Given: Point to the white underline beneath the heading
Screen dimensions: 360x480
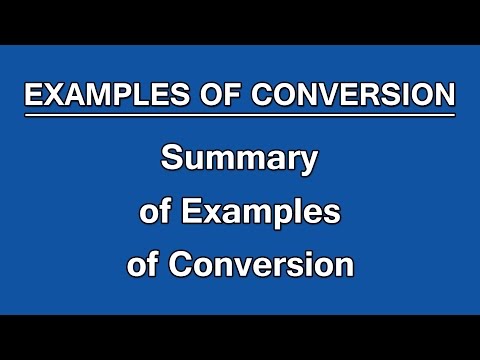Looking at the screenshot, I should click(240, 115).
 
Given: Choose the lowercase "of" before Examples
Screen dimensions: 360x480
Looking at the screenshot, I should click(154, 212).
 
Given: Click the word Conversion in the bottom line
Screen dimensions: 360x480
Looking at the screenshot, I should click(262, 266).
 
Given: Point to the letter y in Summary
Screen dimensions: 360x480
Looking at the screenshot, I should click(307, 162).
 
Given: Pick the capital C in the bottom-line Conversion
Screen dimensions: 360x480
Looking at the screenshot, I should click(183, 266).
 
